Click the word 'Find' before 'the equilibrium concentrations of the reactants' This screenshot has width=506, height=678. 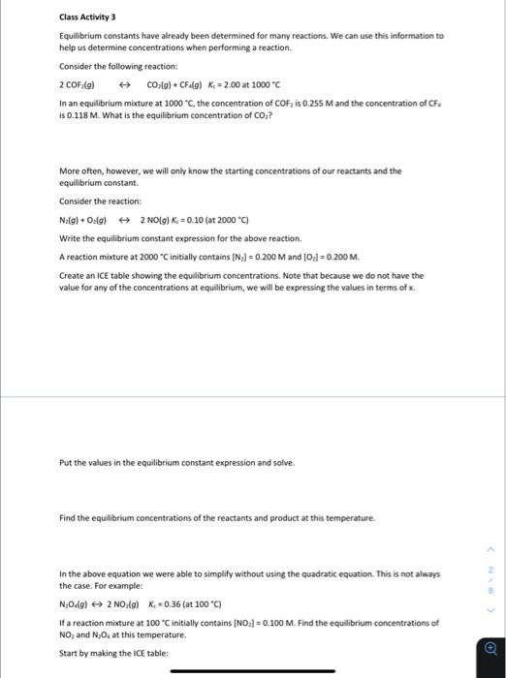[67, 518]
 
